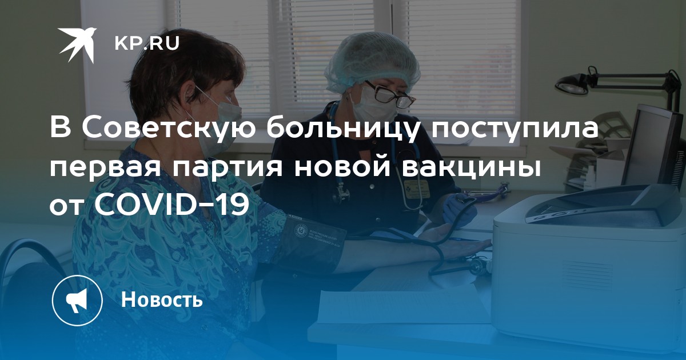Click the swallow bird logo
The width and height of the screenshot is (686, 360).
coord(77,45)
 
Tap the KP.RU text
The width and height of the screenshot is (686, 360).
coord(147,43)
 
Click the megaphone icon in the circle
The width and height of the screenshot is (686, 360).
coord(77,300)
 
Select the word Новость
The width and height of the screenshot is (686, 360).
coord(162,299)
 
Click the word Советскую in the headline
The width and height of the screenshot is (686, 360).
coord(170,129)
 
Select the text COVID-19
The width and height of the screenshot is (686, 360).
coord(171,204)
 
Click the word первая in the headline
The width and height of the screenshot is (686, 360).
coord(106,169)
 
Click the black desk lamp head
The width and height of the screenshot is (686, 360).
coord(572,85)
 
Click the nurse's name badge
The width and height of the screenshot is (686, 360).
coord(417,190)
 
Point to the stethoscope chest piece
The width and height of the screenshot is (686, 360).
coord(341,196)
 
